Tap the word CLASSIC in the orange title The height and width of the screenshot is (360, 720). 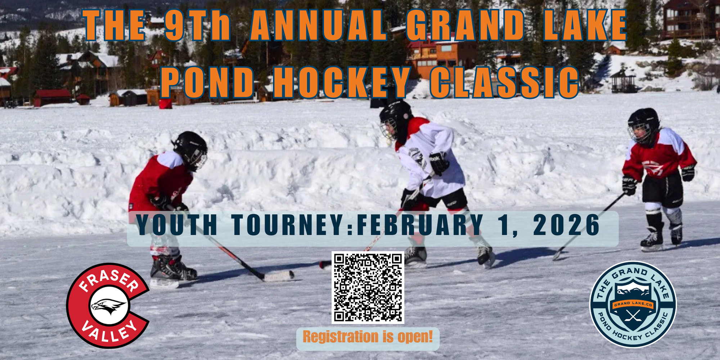pyautogui.click(x=504, y=82)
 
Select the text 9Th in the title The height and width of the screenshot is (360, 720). pyautogui.click(x=197, y=25)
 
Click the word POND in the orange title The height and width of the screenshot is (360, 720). pyautogui.click(x=207, y=82)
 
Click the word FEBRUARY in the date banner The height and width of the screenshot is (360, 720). pyautogui.click(x=420, y=225)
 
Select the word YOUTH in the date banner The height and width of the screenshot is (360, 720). pyautogui.click(x=176, y=225)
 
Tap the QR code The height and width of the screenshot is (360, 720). pyautogui.click(x=368, y=287)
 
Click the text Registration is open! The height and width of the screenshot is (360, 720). pyautogui.click(x=368, y=337)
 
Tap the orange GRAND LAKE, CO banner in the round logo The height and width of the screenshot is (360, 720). pyautogui.click(x=633, y=305)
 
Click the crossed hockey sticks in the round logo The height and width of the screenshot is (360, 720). pyautogui.click(x=633, y=317)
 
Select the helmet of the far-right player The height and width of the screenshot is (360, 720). pyautogui.click(x=643, y=125)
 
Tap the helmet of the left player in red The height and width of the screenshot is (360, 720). pyautogui.click(x=190, y=149)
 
